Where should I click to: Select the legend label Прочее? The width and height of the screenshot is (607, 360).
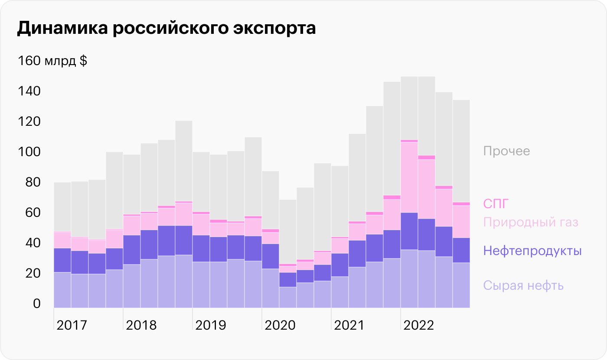(506, 151)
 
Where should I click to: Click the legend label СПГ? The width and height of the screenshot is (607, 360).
(495, 203)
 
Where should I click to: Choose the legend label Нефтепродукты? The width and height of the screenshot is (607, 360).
(532, 251)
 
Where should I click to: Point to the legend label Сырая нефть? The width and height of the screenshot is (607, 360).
(523, 286)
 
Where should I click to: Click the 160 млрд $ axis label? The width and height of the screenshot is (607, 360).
(52, 61)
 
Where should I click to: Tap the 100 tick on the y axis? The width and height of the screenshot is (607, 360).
(29, 152)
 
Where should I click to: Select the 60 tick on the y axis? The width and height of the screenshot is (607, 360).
(29, 213)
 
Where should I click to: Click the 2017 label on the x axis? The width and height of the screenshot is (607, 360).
(72, 325)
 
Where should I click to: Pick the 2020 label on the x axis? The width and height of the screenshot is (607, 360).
(280, 325)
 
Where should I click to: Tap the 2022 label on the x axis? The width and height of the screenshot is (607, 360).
(418, 325)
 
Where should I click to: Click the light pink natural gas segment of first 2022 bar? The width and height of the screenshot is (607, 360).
(409, 177)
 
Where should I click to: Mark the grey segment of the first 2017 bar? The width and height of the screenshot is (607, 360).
(62, 207)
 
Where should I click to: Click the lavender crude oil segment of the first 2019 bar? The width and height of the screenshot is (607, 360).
(201, 285)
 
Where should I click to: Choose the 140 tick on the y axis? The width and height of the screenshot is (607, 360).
(29, 92)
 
